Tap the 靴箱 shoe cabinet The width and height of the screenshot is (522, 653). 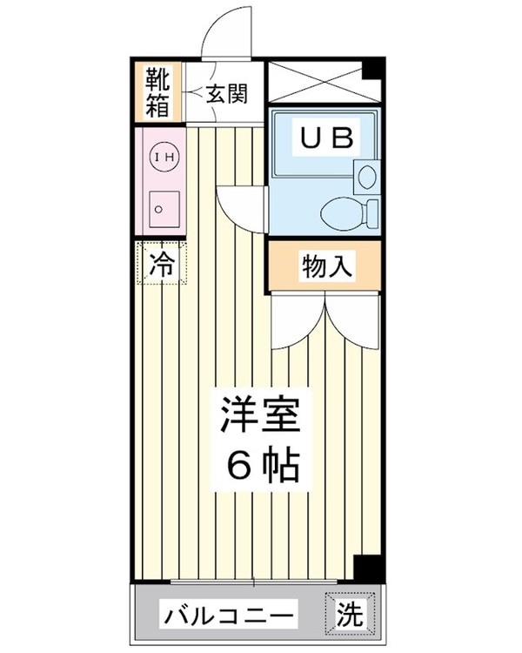click(x=158, y=92)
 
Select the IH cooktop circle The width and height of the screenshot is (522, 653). click(x=164, y=157)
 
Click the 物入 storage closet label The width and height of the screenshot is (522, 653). click(x=328, y=267)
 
